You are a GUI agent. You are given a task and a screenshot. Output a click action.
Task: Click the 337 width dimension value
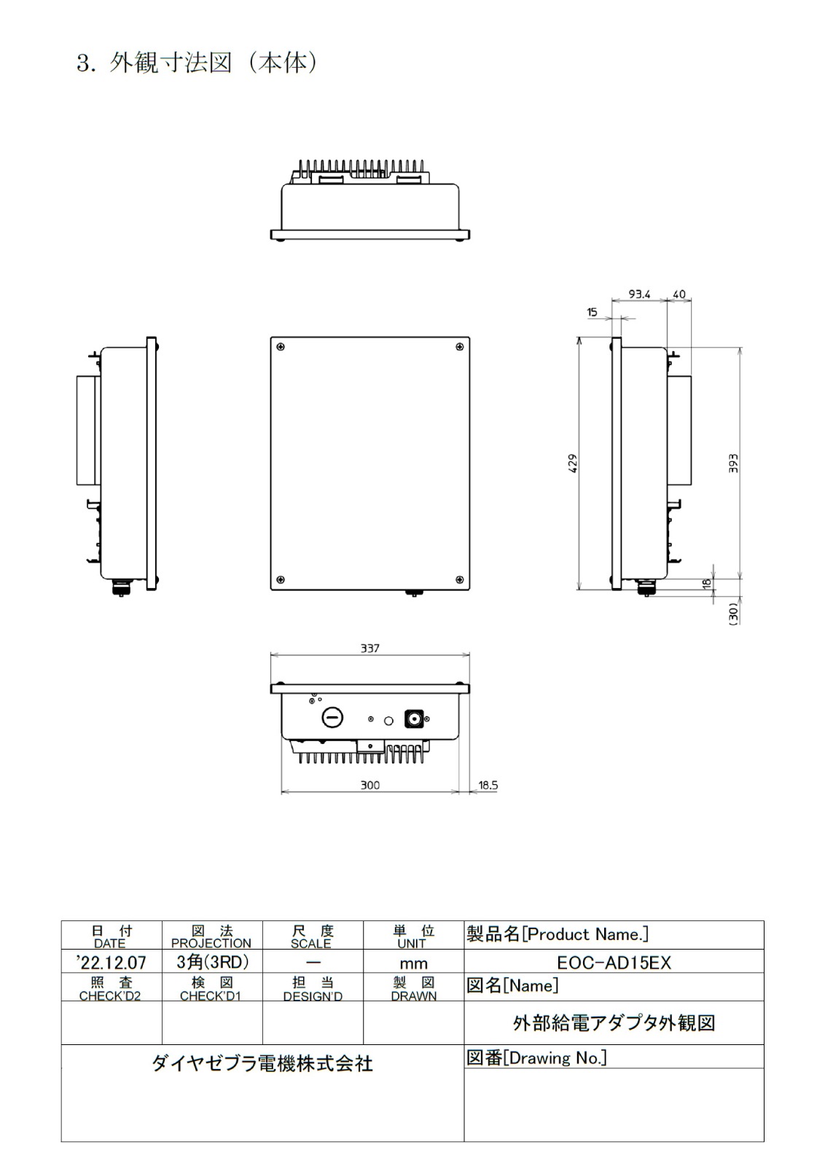[370, 648]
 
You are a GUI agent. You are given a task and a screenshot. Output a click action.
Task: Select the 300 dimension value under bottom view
[370, 785]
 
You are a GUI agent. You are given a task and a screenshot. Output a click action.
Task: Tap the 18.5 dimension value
[488, 785]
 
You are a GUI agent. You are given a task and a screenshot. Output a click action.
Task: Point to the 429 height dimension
[573, 463]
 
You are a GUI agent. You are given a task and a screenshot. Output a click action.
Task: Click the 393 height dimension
[733, 463]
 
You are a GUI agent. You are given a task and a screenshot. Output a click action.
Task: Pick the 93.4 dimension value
[639, 294]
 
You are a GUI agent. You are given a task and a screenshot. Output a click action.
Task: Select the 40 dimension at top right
[679, 294]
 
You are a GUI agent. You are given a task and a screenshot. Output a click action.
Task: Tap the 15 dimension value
[592, 312]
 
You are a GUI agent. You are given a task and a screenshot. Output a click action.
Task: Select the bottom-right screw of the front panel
[459, 579]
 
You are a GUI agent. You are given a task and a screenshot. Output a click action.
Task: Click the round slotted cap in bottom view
[332, 718]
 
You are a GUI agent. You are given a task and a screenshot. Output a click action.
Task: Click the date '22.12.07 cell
[112, 962]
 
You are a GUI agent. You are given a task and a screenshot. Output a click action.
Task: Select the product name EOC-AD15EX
[614, 962]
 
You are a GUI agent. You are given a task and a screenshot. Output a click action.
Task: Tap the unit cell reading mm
[413, 963]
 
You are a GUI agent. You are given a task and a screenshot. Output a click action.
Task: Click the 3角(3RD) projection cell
[212, 962]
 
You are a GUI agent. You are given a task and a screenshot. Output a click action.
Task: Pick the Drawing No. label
[536, 1057]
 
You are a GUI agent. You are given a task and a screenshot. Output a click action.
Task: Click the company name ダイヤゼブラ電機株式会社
[262, 1063]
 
